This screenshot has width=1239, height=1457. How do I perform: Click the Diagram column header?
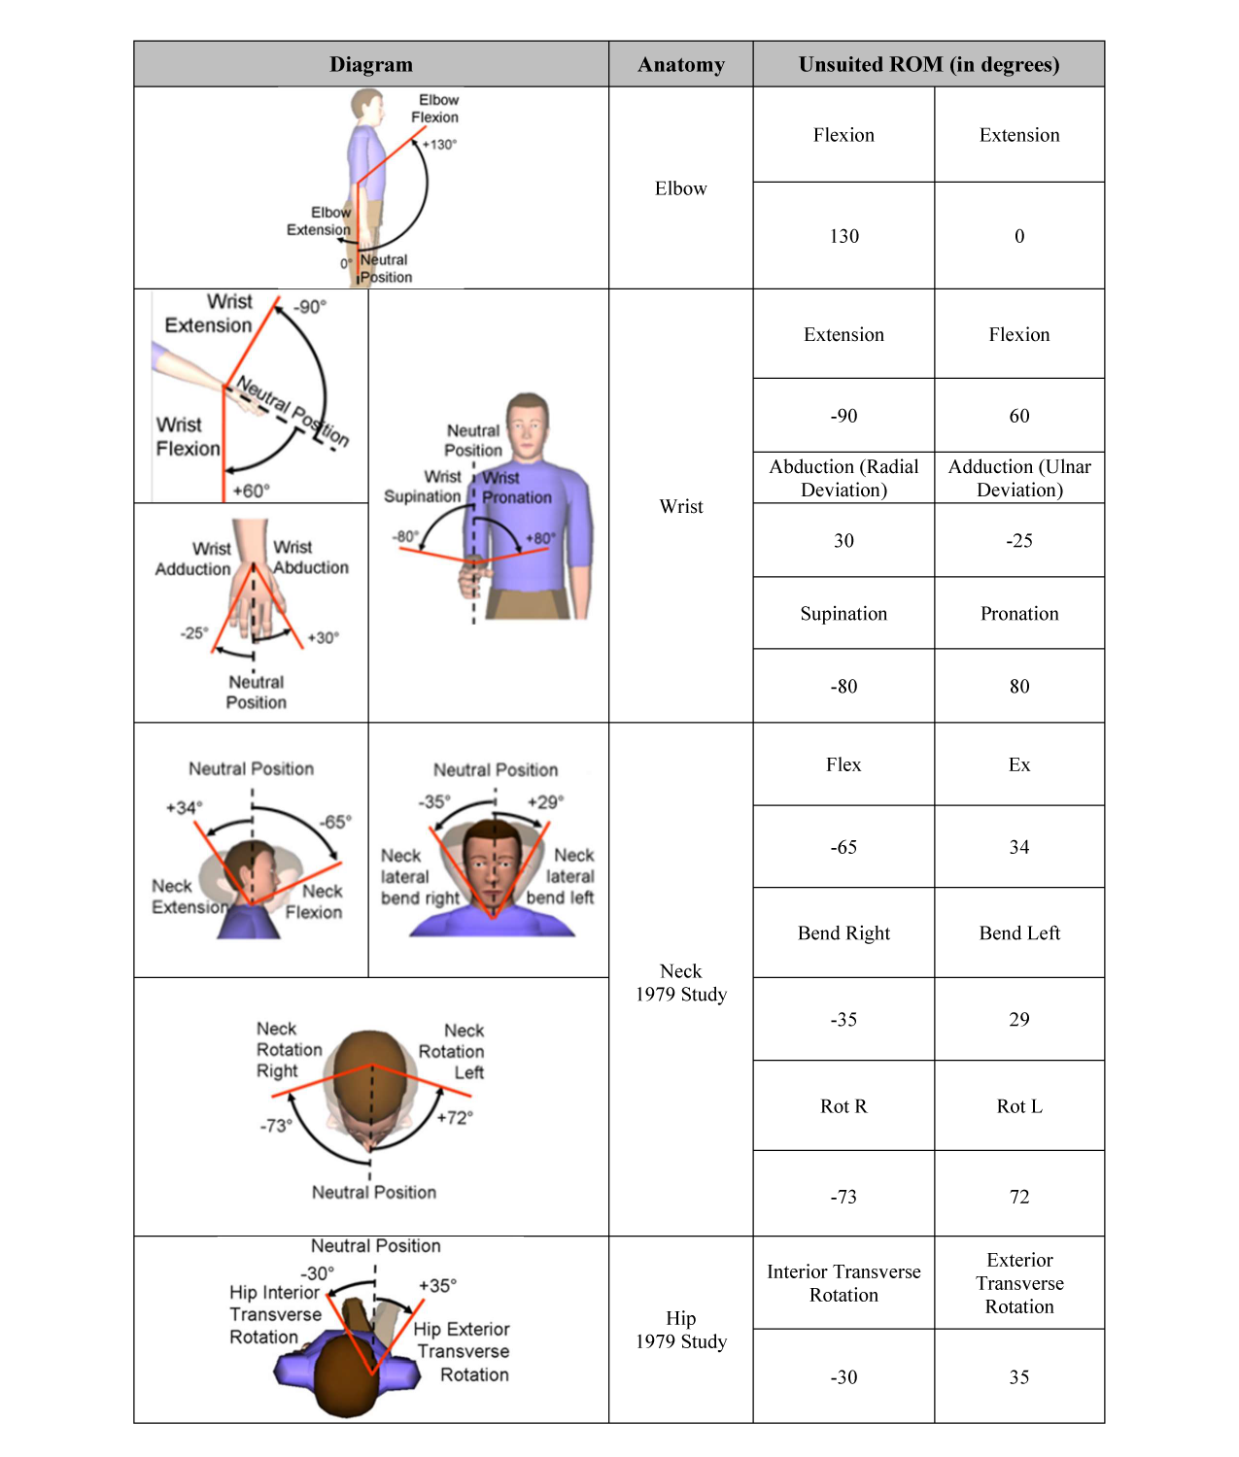tap(371, 64)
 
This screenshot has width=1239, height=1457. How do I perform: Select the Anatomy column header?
tap(680, 64)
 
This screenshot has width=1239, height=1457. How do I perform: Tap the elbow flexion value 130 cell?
tap(843, 235)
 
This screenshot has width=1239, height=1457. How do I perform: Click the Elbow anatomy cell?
tap(680, 188)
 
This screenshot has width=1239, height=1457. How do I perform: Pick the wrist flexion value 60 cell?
tap(1019, 415)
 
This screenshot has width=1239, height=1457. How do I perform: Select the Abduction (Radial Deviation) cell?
tap(843, 477)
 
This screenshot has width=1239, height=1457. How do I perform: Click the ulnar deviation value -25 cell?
tap(1019, 540)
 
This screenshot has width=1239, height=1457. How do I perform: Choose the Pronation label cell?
tap(1019, 613)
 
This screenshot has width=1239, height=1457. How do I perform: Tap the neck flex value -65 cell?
tap(843, 846)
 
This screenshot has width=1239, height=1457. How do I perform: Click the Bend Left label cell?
tap(1019, 932)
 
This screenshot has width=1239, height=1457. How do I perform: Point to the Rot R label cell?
tap(843, 1105)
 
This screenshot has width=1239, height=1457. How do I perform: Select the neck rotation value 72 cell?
tap(1019, 1196)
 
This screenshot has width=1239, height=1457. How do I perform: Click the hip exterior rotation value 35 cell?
tap(1019, 1376)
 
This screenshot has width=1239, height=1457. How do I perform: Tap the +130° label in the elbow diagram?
tap(439, 145)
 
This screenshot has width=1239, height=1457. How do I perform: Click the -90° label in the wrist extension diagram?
tap(310, 307)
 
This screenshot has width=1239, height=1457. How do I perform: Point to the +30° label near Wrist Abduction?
tap(323, 637)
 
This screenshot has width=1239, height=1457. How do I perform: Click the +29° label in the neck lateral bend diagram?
tap(546, 801)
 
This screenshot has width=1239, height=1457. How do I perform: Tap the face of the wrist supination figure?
tap(527, 428)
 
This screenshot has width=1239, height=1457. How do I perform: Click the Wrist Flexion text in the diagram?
tap(189, 436)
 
